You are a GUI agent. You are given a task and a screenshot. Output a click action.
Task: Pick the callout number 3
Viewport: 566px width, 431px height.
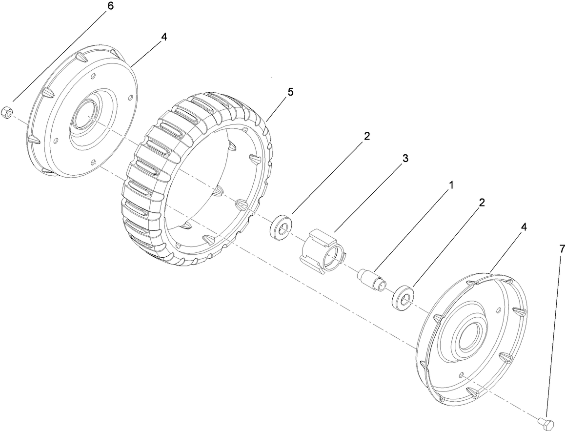click(x=405, y=159)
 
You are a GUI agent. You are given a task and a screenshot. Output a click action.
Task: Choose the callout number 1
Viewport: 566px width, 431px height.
click(x=451, y=185)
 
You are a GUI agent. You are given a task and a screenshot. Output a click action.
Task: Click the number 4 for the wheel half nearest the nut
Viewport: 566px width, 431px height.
click(x=164, y=38)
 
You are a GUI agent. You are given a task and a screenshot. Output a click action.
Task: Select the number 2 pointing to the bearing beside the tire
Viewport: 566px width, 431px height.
click(x=366, y=136)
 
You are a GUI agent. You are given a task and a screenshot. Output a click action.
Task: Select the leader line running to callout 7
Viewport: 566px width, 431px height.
click(x=554, y=332)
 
